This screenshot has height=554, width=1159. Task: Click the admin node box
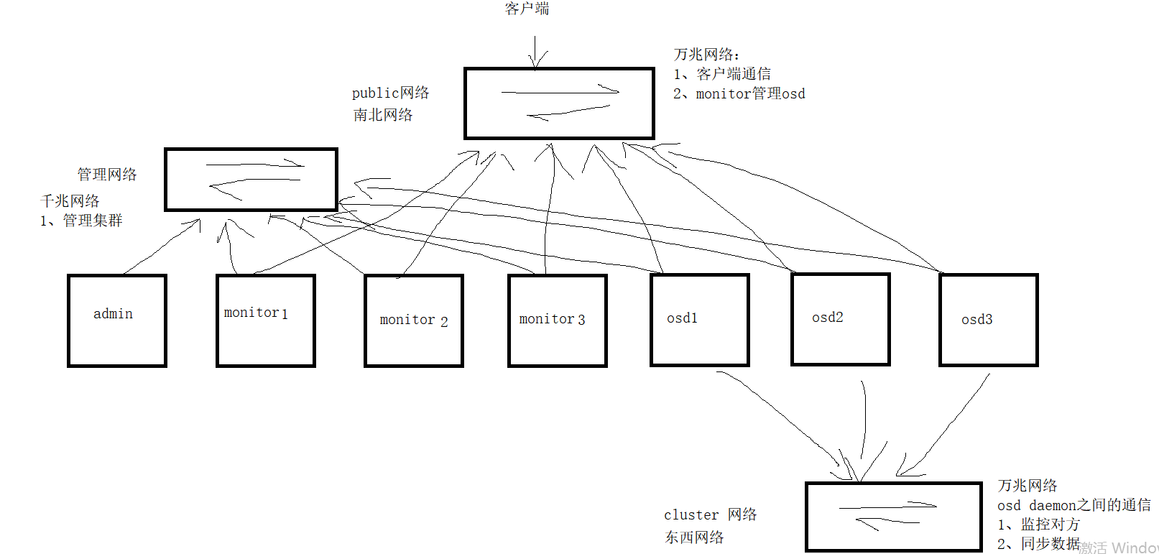(x=116, y=320)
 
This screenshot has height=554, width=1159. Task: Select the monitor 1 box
(x=265, y=320)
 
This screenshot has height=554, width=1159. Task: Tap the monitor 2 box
(x=413, y=320)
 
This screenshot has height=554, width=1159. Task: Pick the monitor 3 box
(x=557, y=320)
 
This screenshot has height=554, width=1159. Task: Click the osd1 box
(x=699, y=320)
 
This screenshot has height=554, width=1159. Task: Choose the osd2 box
(x=840, y=320)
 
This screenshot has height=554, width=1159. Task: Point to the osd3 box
(x=988, y=320)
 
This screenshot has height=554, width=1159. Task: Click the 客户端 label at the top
(x=527, y=9)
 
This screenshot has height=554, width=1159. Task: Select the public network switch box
(x=559, y=103)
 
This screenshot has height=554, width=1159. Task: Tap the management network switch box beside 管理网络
(x=251, y=180)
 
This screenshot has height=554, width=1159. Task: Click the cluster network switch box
(x=893, y=517)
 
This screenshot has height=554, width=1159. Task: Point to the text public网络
(x=390, y=93)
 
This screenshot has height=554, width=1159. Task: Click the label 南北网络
(x=383, y=115)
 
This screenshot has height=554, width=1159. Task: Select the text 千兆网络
(x=70, y=201)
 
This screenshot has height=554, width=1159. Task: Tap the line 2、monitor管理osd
(x=739, y=94)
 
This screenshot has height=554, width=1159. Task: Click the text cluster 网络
(x=710, y=514)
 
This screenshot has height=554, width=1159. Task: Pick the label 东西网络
(x=694, y=537)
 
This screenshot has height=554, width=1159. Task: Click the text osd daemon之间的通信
(x=1073, y=505)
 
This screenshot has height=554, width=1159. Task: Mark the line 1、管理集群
(x=81, y=221)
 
